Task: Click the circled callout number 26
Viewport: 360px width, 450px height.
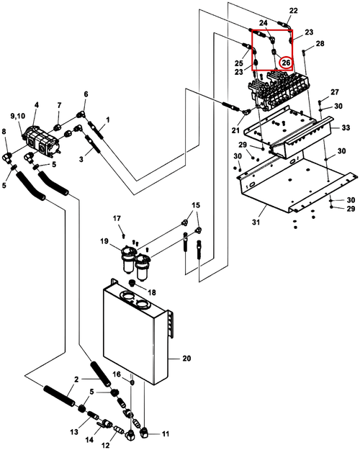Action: [x=286, y=62]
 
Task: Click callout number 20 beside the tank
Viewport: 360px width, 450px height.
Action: [x=186, y=358]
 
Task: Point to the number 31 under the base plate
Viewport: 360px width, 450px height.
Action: [x=256, y=222]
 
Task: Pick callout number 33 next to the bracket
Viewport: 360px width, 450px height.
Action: [x=346, y=127]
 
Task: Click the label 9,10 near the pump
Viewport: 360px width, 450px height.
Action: [x=18, y=116]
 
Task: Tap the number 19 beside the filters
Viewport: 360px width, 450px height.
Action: [x=104, y=241]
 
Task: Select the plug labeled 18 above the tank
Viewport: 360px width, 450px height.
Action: [x=132, y=283]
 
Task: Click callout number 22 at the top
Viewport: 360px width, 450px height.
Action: [x=293, y=11]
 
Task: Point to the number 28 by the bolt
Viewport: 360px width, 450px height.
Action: [x=320, y=43]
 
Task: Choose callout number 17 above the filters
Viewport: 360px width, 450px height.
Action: [x=117, y=218]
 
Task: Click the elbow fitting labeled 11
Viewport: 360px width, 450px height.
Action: [x=145, y=432]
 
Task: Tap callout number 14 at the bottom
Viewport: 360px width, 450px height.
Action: [x=89, y=440]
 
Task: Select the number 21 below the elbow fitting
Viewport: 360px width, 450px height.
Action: [x=235, y=130]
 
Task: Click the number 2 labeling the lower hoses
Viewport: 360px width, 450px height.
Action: [x=76, y=379]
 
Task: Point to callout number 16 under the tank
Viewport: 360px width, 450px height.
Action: [x=117, y=374]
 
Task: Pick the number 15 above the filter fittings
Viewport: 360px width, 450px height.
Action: [x=196, y=205]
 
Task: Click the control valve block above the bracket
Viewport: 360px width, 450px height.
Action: [x=278, y=91]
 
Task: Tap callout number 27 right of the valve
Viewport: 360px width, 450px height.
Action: [x=335, y=92]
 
